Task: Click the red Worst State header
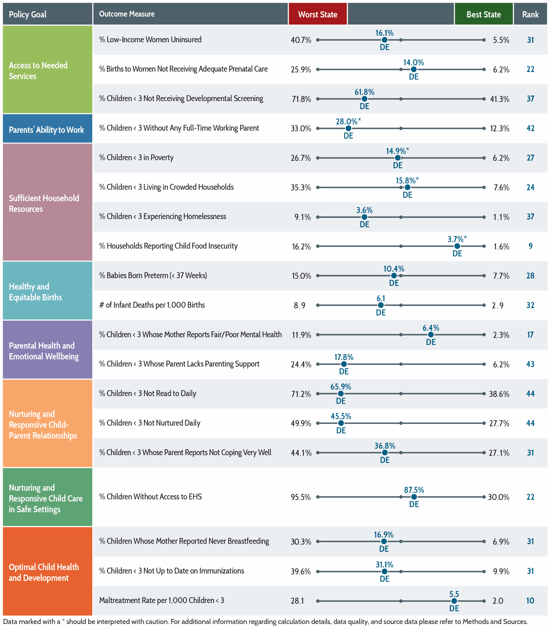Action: (x=318, y=14)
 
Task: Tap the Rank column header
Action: (x=530, y=14)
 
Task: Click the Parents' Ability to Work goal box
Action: (x=48, y=128)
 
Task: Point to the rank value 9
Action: (x=530, y=246)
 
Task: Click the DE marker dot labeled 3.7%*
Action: (x=457, y=246)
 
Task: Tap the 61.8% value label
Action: (x=364, y=92)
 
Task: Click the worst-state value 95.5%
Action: (x=301, y=497)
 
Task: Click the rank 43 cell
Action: (x=530, y=364)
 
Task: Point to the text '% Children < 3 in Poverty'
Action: (x=136, y=158)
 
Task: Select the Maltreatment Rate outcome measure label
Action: (x=162, y=600)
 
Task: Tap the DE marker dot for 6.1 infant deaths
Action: (x=381, y=305)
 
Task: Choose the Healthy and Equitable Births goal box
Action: (x=48, y=290)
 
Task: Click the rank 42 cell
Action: (x=530, y=128)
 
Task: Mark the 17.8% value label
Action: (x=344, y=357)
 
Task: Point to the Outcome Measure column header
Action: (x=127, y=14)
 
